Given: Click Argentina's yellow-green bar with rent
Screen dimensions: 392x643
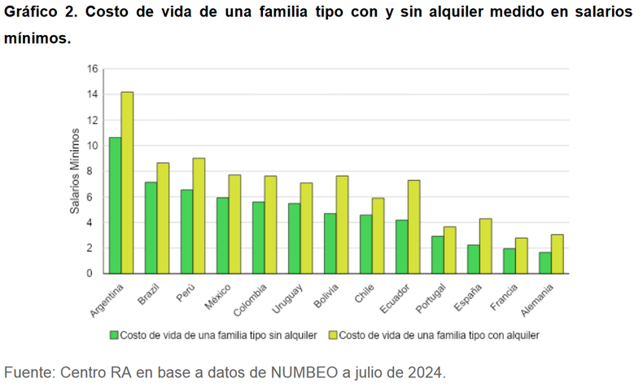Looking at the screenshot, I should [127, 183].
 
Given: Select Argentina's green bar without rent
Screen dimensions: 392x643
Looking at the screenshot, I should [116, 205].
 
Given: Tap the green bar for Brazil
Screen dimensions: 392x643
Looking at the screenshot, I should [151, 227].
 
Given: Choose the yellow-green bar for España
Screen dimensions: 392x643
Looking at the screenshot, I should [485, 245].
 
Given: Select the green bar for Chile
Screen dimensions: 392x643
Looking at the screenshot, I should [366, 244].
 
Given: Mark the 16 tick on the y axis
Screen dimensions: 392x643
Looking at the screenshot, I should [92, 68].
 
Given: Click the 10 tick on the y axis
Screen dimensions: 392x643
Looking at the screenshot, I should [92, 145].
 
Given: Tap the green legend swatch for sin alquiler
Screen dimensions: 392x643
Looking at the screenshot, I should [115, 334].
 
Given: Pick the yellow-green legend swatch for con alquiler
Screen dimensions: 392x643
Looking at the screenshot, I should [333, 334].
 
